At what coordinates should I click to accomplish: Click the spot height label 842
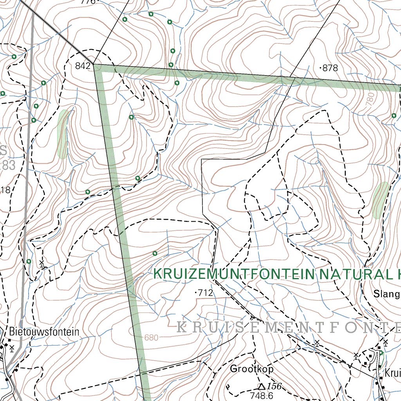click(83, 66)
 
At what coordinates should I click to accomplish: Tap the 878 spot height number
click(330, 68)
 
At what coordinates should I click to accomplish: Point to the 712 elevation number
click(205, 293)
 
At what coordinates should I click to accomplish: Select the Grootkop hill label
click(251, 368)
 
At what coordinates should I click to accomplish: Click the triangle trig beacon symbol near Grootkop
click(261, 387)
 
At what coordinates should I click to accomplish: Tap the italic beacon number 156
click(274, 387)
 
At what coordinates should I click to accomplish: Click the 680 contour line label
click(152, 338)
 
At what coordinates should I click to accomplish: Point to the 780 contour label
click(371, 98)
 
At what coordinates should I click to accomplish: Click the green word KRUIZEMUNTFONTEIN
click(234, 274)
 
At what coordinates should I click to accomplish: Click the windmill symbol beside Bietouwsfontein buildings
click(12, 348)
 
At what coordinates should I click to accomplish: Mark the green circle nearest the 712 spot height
click(155, 253)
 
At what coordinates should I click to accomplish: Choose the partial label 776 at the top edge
click(88, 2)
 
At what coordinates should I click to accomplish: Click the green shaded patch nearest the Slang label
click(380, 200)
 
